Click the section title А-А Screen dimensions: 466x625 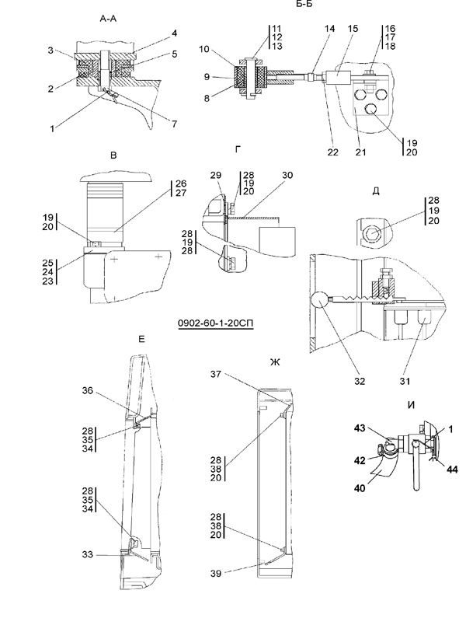coord(108,19)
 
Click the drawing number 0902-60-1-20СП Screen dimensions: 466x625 coord(215,323)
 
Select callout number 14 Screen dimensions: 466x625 coord(329,28)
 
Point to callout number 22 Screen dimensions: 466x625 coord(332,152)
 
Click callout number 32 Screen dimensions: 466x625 coord(360,381)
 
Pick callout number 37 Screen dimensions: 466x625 coord(215,374)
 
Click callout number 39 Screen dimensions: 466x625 coord(215,574)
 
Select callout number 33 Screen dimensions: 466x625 coord(88,554)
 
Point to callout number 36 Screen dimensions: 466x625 coord(88,390)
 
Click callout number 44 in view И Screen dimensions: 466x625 coord(452,470)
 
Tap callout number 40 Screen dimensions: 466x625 coord(360,488)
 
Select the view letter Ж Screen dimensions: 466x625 coord(275,362)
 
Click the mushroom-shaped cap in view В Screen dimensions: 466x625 coord(116,176)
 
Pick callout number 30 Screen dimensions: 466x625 coord(287,175)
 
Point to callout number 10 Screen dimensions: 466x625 coord(204,49)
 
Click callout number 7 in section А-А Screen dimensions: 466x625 coord(174,124)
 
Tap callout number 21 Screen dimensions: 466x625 coord(360,152)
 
